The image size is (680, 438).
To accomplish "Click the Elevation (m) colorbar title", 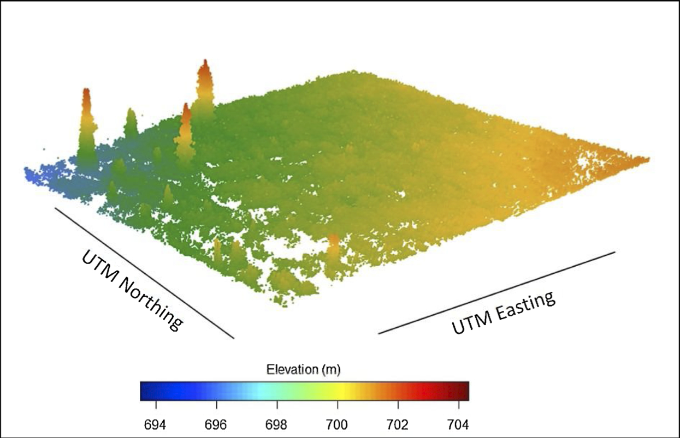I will point(303,370).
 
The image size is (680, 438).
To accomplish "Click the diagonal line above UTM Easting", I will point(496,292).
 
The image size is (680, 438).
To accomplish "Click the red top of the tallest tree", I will point(205,68).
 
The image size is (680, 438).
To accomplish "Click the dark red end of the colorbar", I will point(464,391).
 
